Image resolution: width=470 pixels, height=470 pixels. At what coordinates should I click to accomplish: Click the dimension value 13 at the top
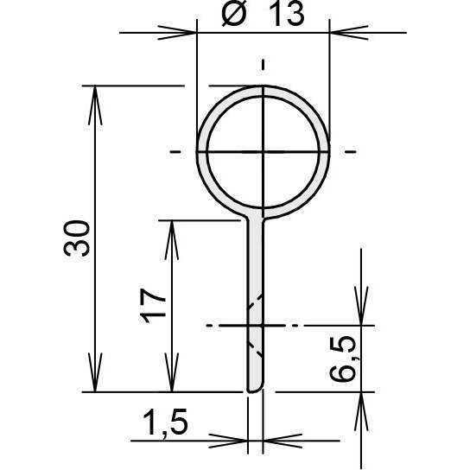click(x=287, y=15)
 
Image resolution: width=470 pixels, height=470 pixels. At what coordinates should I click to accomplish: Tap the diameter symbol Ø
click(x=234, y=15)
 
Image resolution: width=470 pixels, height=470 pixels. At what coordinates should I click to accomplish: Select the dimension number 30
click(x=77, y=238)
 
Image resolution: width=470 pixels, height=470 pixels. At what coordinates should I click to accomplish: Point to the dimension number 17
click(x=153, y=306)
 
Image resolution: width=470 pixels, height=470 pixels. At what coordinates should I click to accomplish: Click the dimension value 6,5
click(x=342, y=359)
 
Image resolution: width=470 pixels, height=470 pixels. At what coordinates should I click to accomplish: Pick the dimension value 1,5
click(x=166, y=423)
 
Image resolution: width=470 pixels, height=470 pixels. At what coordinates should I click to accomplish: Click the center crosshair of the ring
click(x=263, y=152)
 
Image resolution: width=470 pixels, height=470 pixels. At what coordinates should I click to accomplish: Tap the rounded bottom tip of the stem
click(x=255, y=389)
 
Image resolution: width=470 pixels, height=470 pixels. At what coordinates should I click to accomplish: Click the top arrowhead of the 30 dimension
click(x=95, y=105)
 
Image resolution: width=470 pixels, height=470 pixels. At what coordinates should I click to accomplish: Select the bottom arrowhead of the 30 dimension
click(x=95, y=372)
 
